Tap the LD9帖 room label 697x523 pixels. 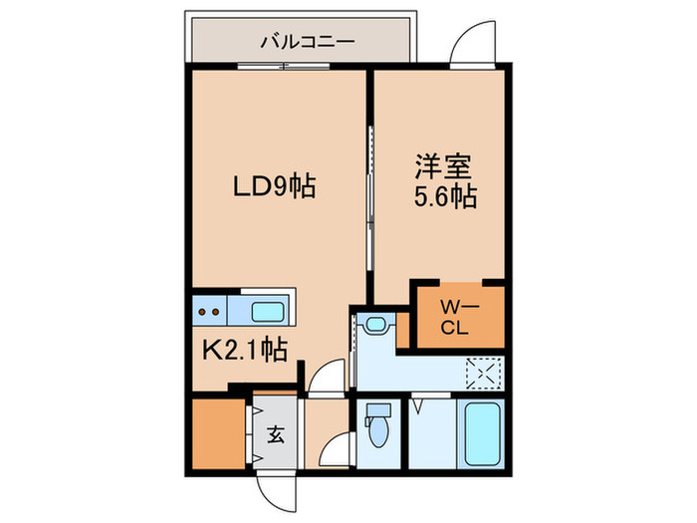[x=274, y=186]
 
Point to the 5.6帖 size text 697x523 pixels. [x=444, y=197]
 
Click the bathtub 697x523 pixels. [x=482, y=433]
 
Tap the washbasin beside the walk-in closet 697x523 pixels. [x=375, y=324]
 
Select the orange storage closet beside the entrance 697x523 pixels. [x=217, y=434]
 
